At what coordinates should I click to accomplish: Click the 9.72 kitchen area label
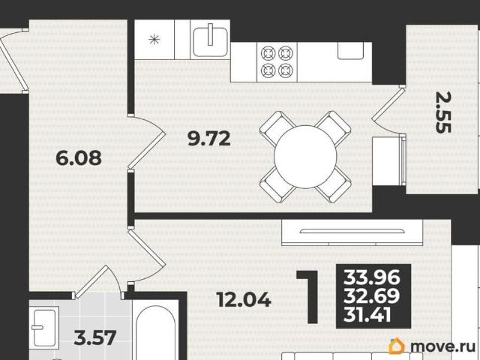209,138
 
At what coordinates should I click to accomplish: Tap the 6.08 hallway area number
79,158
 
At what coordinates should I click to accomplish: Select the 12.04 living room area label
244,299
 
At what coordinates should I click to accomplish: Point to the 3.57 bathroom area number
95,337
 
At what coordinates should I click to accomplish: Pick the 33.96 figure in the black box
372,277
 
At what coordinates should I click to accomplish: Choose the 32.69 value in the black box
372,295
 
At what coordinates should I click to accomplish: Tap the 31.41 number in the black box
367,314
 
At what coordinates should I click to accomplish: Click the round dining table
305,157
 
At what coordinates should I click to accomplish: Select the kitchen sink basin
210,41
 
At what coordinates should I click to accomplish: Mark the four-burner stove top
277,61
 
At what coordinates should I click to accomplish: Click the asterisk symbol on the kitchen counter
154,39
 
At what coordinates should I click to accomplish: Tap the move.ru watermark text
442,346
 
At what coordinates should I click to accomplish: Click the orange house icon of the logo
397,346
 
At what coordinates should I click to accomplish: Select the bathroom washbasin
44,328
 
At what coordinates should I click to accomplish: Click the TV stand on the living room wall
352,232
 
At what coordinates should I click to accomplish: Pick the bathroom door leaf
91,281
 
